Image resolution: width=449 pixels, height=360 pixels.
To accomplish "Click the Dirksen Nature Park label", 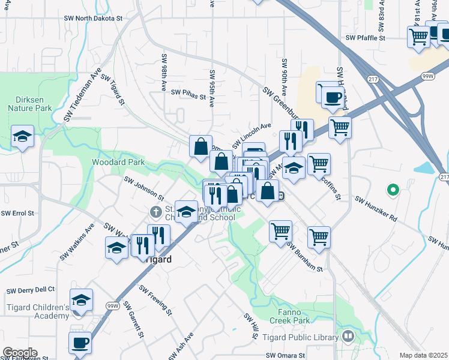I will [x=30, y=104].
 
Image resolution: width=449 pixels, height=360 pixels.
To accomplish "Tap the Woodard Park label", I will [x=118, y=162].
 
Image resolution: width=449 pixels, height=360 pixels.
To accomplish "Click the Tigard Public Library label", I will [x=301, y=338].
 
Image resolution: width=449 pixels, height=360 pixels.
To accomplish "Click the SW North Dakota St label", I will [x=93, y=19].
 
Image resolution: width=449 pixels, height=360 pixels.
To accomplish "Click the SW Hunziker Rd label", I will [x=376, y=208].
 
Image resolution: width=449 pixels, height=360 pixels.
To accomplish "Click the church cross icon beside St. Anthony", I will [x=155, y=212].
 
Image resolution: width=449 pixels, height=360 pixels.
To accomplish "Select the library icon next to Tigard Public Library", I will [x=348, y=337].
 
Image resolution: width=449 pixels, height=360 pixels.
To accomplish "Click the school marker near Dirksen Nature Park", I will [x=22, y=137].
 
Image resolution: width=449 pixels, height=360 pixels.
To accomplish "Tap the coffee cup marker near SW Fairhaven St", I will [x=79, y=344].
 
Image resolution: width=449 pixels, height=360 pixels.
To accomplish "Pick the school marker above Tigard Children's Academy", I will [x=81, y=301].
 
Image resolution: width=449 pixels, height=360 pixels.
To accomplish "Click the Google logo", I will [x=20, y=353].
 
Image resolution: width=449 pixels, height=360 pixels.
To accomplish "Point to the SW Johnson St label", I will [x=144, y=187].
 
